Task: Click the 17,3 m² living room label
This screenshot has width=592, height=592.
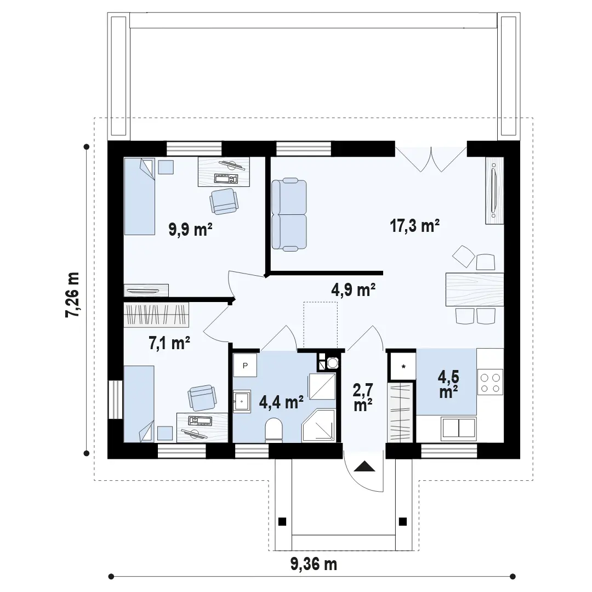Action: [x=414, y=226]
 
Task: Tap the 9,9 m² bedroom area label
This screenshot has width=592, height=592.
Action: [x=190, y=229]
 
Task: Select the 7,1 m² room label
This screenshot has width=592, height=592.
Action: [x=169, y=343]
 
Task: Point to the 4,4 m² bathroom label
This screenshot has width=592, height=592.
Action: [x=281, y=402]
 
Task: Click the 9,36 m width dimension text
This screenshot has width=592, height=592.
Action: [x=314, y=564]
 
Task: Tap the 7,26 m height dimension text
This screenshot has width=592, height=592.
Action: [x=72, y=294]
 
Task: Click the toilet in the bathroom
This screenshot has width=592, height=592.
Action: [x=274, y=430]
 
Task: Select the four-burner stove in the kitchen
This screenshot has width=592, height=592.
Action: [x=490, y=383]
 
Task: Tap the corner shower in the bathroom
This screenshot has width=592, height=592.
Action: [x=318, y=425]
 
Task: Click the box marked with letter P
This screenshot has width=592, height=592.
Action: [x=245, y=365]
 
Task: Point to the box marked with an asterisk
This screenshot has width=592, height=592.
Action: [x=403, y=366]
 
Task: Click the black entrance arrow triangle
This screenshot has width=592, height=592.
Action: [x=365, y=466]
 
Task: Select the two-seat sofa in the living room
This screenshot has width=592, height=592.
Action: [x=289, y=214]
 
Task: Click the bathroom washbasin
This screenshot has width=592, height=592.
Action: [x=242, y=401]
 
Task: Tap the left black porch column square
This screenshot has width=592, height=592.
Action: [x=282, y=521]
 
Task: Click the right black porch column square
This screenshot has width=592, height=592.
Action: [x=403, y=521]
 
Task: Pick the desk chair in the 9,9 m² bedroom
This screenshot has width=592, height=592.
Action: [x=224, y=201]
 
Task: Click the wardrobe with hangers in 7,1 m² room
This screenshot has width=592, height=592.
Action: [x=156, y=315]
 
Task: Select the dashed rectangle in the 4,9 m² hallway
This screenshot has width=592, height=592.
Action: [x=321, y=325]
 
